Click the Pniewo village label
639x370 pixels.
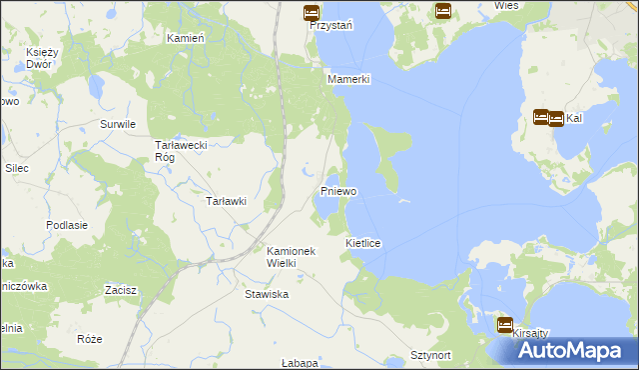338,190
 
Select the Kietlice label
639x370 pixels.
363,243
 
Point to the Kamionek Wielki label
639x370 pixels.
291,257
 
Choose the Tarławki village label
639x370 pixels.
226,201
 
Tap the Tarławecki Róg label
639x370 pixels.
180,150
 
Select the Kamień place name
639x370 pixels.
185,37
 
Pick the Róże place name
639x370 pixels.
89,339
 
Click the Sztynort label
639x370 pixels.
432,355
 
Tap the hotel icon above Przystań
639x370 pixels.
311,13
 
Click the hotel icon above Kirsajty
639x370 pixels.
505,325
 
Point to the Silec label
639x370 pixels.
16,168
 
